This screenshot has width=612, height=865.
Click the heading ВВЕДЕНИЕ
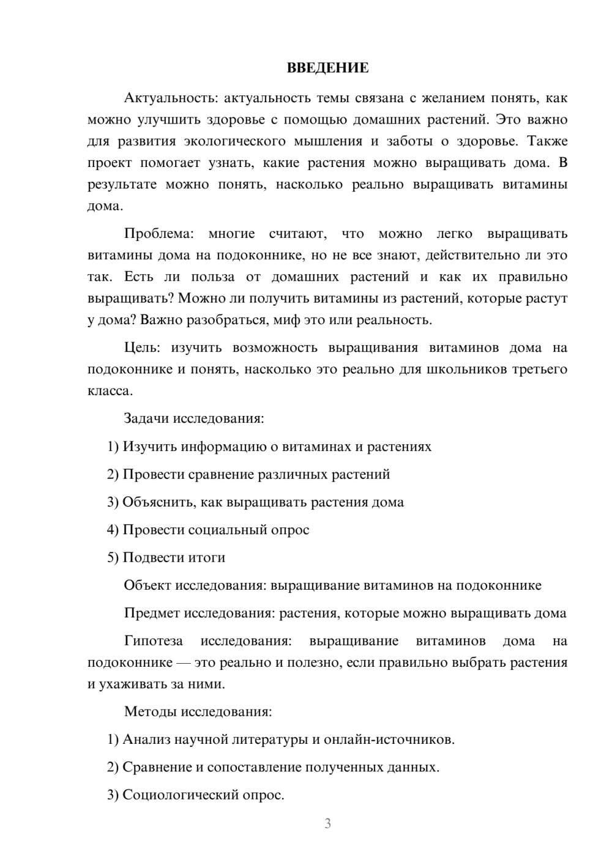pyautogui.click(x=327, y=68)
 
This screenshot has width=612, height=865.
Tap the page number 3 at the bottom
pyautogui.click(x=327, y=823)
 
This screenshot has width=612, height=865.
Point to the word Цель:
pyautogui.click(x=142, y=347)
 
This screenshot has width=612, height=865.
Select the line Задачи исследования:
pyautogui.click(x=194, y=418)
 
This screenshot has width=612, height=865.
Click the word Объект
pyautogui.click(x=147, y=585)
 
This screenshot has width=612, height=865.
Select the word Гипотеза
pyautogui.click(x=153, y=641)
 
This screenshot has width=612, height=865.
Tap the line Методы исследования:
pyautogui.click(x=198, y=711)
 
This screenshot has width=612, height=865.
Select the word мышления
pyautogui.click(x=328, y=141)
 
